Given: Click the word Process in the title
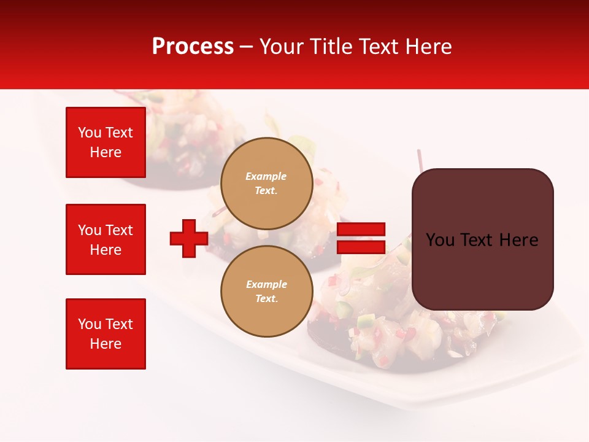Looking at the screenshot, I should point(193,47).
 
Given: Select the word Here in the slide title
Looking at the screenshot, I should point(427,47).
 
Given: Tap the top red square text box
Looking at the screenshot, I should point(106,142).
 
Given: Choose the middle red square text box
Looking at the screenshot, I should point(106,239).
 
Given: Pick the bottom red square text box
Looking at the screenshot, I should point(106,334).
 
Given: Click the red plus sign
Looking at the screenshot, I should point(189,238).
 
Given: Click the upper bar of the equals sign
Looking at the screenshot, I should point(361,230).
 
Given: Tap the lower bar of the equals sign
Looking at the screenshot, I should point(361,247).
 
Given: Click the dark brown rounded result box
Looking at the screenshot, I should point(482,270).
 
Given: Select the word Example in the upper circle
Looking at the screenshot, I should point(266,176).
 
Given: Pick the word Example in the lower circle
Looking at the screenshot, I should point(266,284).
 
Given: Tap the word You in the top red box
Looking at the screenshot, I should point(90,133).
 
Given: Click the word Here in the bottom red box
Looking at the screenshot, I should point(106,344).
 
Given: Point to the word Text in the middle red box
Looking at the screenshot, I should point(119,230).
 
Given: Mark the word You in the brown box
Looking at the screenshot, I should point(440,240).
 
